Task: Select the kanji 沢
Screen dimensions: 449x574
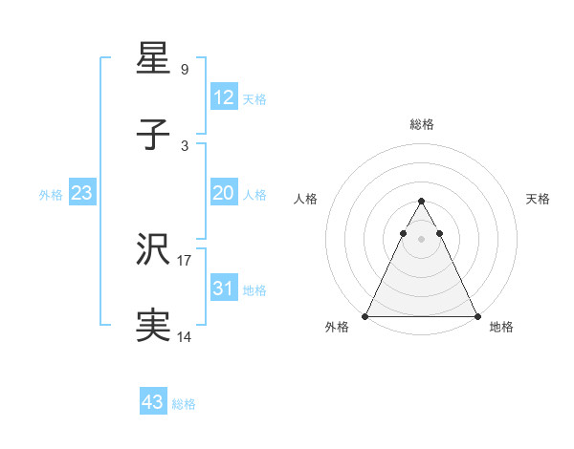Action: click(154, 249)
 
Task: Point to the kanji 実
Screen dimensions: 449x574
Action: click(154, 326)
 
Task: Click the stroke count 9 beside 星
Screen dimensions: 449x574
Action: click(185, 69)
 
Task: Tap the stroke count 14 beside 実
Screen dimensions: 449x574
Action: click(185, 336)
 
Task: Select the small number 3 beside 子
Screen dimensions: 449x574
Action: click(185, 145)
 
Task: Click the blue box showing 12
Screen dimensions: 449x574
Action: click(223, 96)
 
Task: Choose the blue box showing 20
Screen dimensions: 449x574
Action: click(223, 192)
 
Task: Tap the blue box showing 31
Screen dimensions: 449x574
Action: click(223, 288)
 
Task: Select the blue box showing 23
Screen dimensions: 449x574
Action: click(81, 192)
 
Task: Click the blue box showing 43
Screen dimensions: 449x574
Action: click(153, 402)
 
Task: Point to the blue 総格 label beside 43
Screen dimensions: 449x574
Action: click(185, 404)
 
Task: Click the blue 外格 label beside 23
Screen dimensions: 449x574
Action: click(51, 194)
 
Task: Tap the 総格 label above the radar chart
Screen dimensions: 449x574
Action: click(422, 124)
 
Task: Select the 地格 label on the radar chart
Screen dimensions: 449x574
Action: click(501, 328)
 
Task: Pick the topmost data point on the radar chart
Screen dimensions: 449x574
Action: click(421, 202)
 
